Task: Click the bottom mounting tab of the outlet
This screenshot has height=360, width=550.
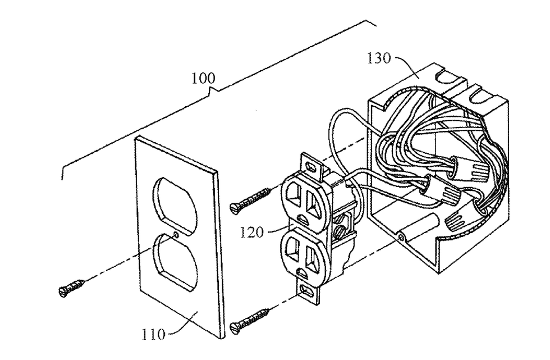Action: click(x=307, y=291)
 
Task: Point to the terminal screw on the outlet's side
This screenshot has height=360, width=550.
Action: click(x=340, y=231)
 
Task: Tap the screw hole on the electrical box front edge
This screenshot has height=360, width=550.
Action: click(x=400, y=238)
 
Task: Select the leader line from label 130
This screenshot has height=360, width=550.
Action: click(x=407, y=66)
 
